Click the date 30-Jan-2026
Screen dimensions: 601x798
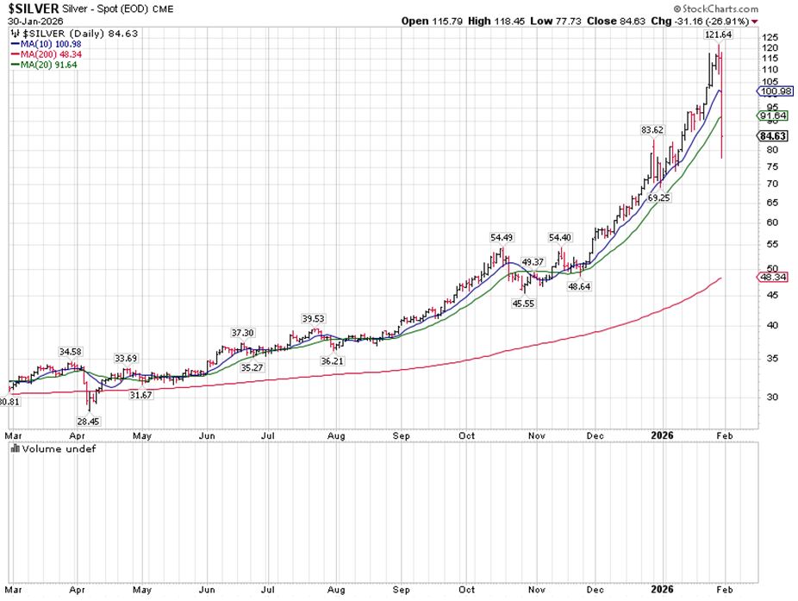coord(27,21)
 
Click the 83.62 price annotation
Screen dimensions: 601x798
coord(651,129)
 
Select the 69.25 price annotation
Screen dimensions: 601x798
coord(658,197)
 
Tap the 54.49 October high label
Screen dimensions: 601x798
coord(502,238)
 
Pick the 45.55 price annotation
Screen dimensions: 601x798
coord(524,304)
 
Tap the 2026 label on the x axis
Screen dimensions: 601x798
coord(662,437)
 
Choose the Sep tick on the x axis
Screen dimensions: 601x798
coord(402,437)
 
